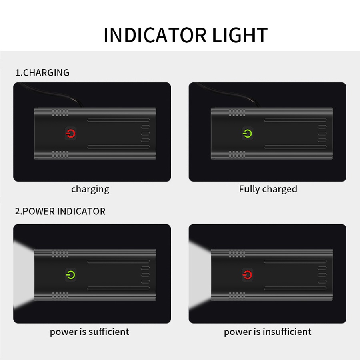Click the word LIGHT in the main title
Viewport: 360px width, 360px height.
(240, 35)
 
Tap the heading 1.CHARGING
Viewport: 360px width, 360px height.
(42, 73)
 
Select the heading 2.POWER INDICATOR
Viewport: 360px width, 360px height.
(60, 211)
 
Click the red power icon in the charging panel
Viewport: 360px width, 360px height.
(70, 133)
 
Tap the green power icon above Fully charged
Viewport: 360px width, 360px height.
(248, 133)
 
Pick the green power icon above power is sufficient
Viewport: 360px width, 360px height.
(70, 275)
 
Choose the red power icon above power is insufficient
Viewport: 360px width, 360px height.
(248, 275)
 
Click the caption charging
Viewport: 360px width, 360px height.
(90, 190)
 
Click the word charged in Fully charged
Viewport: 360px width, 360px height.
(280, 190)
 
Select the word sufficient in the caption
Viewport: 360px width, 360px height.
(108, 332)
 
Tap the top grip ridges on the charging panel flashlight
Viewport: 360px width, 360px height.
(60, 112)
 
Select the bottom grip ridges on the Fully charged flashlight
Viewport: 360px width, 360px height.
(237, 154)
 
